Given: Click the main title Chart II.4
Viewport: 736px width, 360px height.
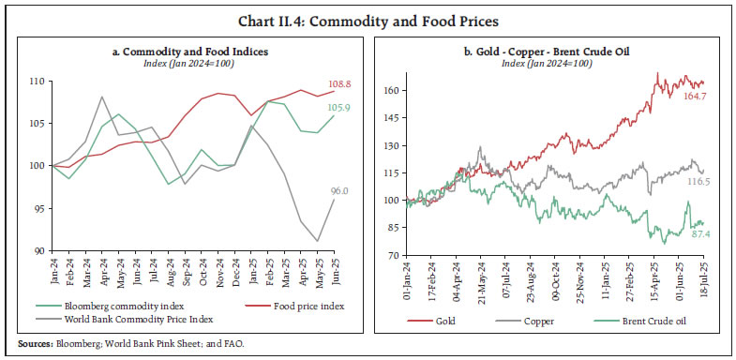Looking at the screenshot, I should click(368, 15).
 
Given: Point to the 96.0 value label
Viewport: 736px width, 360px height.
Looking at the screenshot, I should click(338, 191).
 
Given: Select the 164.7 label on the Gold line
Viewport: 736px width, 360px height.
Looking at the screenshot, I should click(690, 96).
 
